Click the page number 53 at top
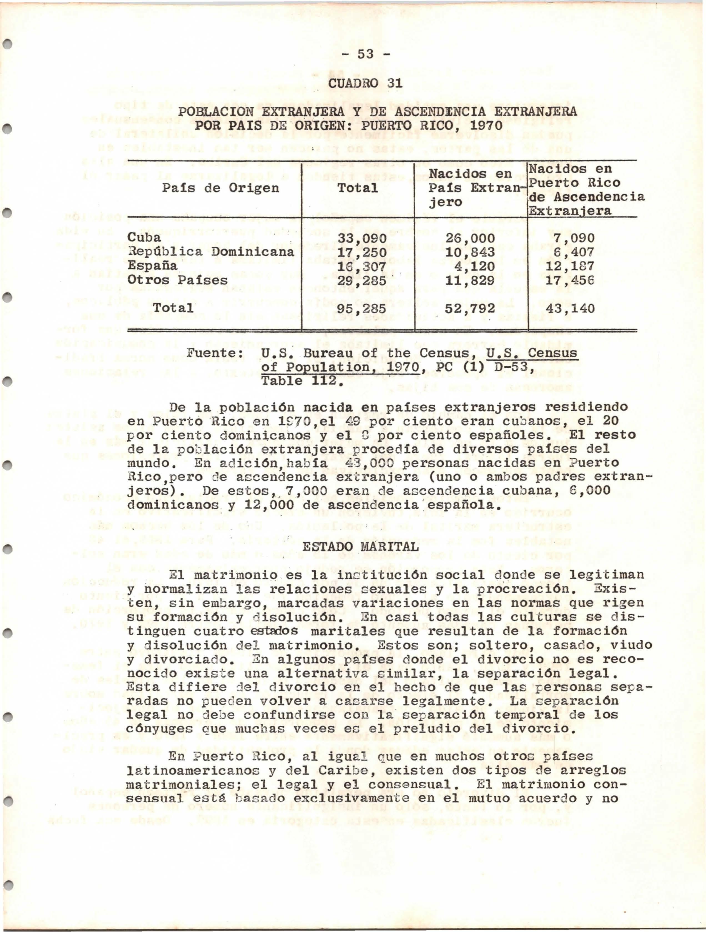click(365, 54)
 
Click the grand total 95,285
click(362, 309)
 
